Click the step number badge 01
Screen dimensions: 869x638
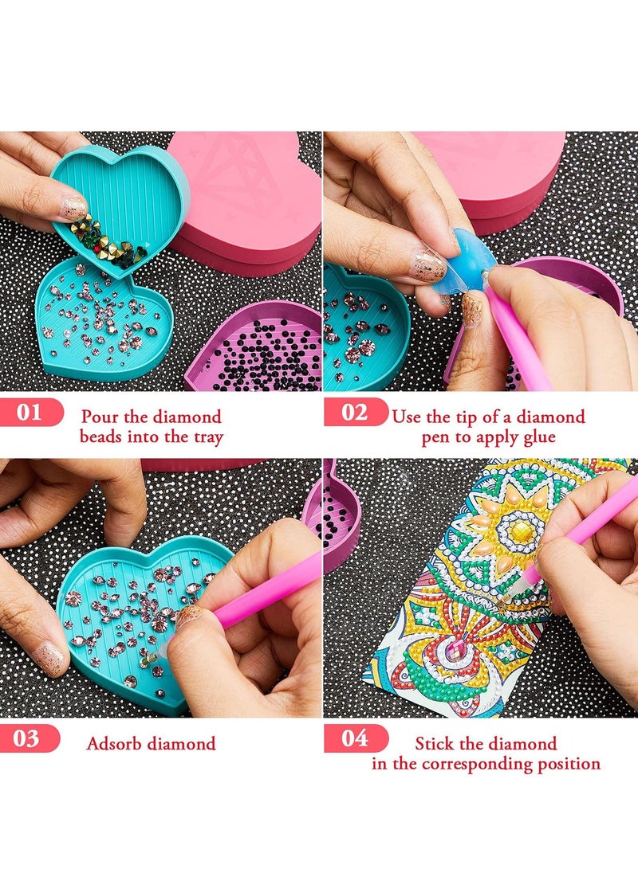click(x=30, y=413)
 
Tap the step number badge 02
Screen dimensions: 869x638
click(x=355, y=413)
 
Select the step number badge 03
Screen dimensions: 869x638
click(x=29, y=738)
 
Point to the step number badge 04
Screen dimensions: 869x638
click(x=355, y=738)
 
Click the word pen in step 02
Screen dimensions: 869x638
click(x=437, y=436)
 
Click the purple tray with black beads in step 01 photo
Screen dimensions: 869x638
click(x=259, y=350)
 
